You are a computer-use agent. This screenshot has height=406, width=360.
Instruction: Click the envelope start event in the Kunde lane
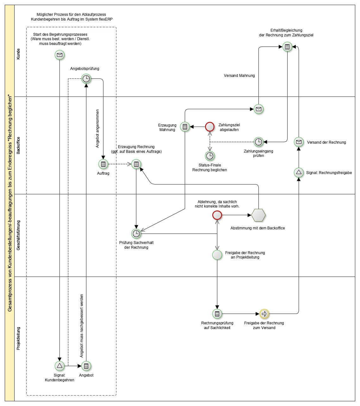59,55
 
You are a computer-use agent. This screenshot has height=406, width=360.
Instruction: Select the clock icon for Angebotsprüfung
86,79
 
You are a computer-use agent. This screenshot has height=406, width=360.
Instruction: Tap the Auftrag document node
103,164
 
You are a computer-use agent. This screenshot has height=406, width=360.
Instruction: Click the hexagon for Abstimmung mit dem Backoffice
258,215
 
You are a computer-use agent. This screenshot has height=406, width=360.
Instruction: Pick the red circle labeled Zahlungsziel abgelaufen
210,127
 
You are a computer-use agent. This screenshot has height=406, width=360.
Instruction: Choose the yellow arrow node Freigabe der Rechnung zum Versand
264,314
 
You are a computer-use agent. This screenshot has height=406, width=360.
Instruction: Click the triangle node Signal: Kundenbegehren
59,366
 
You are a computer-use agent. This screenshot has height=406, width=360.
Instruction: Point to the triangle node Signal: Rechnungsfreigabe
299,172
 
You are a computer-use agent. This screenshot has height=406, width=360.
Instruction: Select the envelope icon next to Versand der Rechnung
299,142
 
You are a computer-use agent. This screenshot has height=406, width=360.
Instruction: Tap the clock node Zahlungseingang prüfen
258,142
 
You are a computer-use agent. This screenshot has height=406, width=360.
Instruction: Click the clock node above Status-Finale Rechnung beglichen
210,156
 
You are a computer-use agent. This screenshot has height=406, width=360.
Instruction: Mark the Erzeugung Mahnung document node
185,127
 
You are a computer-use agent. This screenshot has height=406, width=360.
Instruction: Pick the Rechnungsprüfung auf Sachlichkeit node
217,314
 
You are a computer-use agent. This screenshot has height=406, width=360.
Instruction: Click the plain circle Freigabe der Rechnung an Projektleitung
217,255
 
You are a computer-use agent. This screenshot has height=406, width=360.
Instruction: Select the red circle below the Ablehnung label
217,215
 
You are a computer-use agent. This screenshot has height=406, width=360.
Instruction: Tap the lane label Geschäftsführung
18,235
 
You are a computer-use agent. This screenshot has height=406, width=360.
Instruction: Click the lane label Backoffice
18,145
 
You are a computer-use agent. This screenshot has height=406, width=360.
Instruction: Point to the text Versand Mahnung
239,76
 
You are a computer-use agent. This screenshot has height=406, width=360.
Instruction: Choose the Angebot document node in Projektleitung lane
86,366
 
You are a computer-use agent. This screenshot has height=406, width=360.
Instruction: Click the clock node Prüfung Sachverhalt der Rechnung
136,234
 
